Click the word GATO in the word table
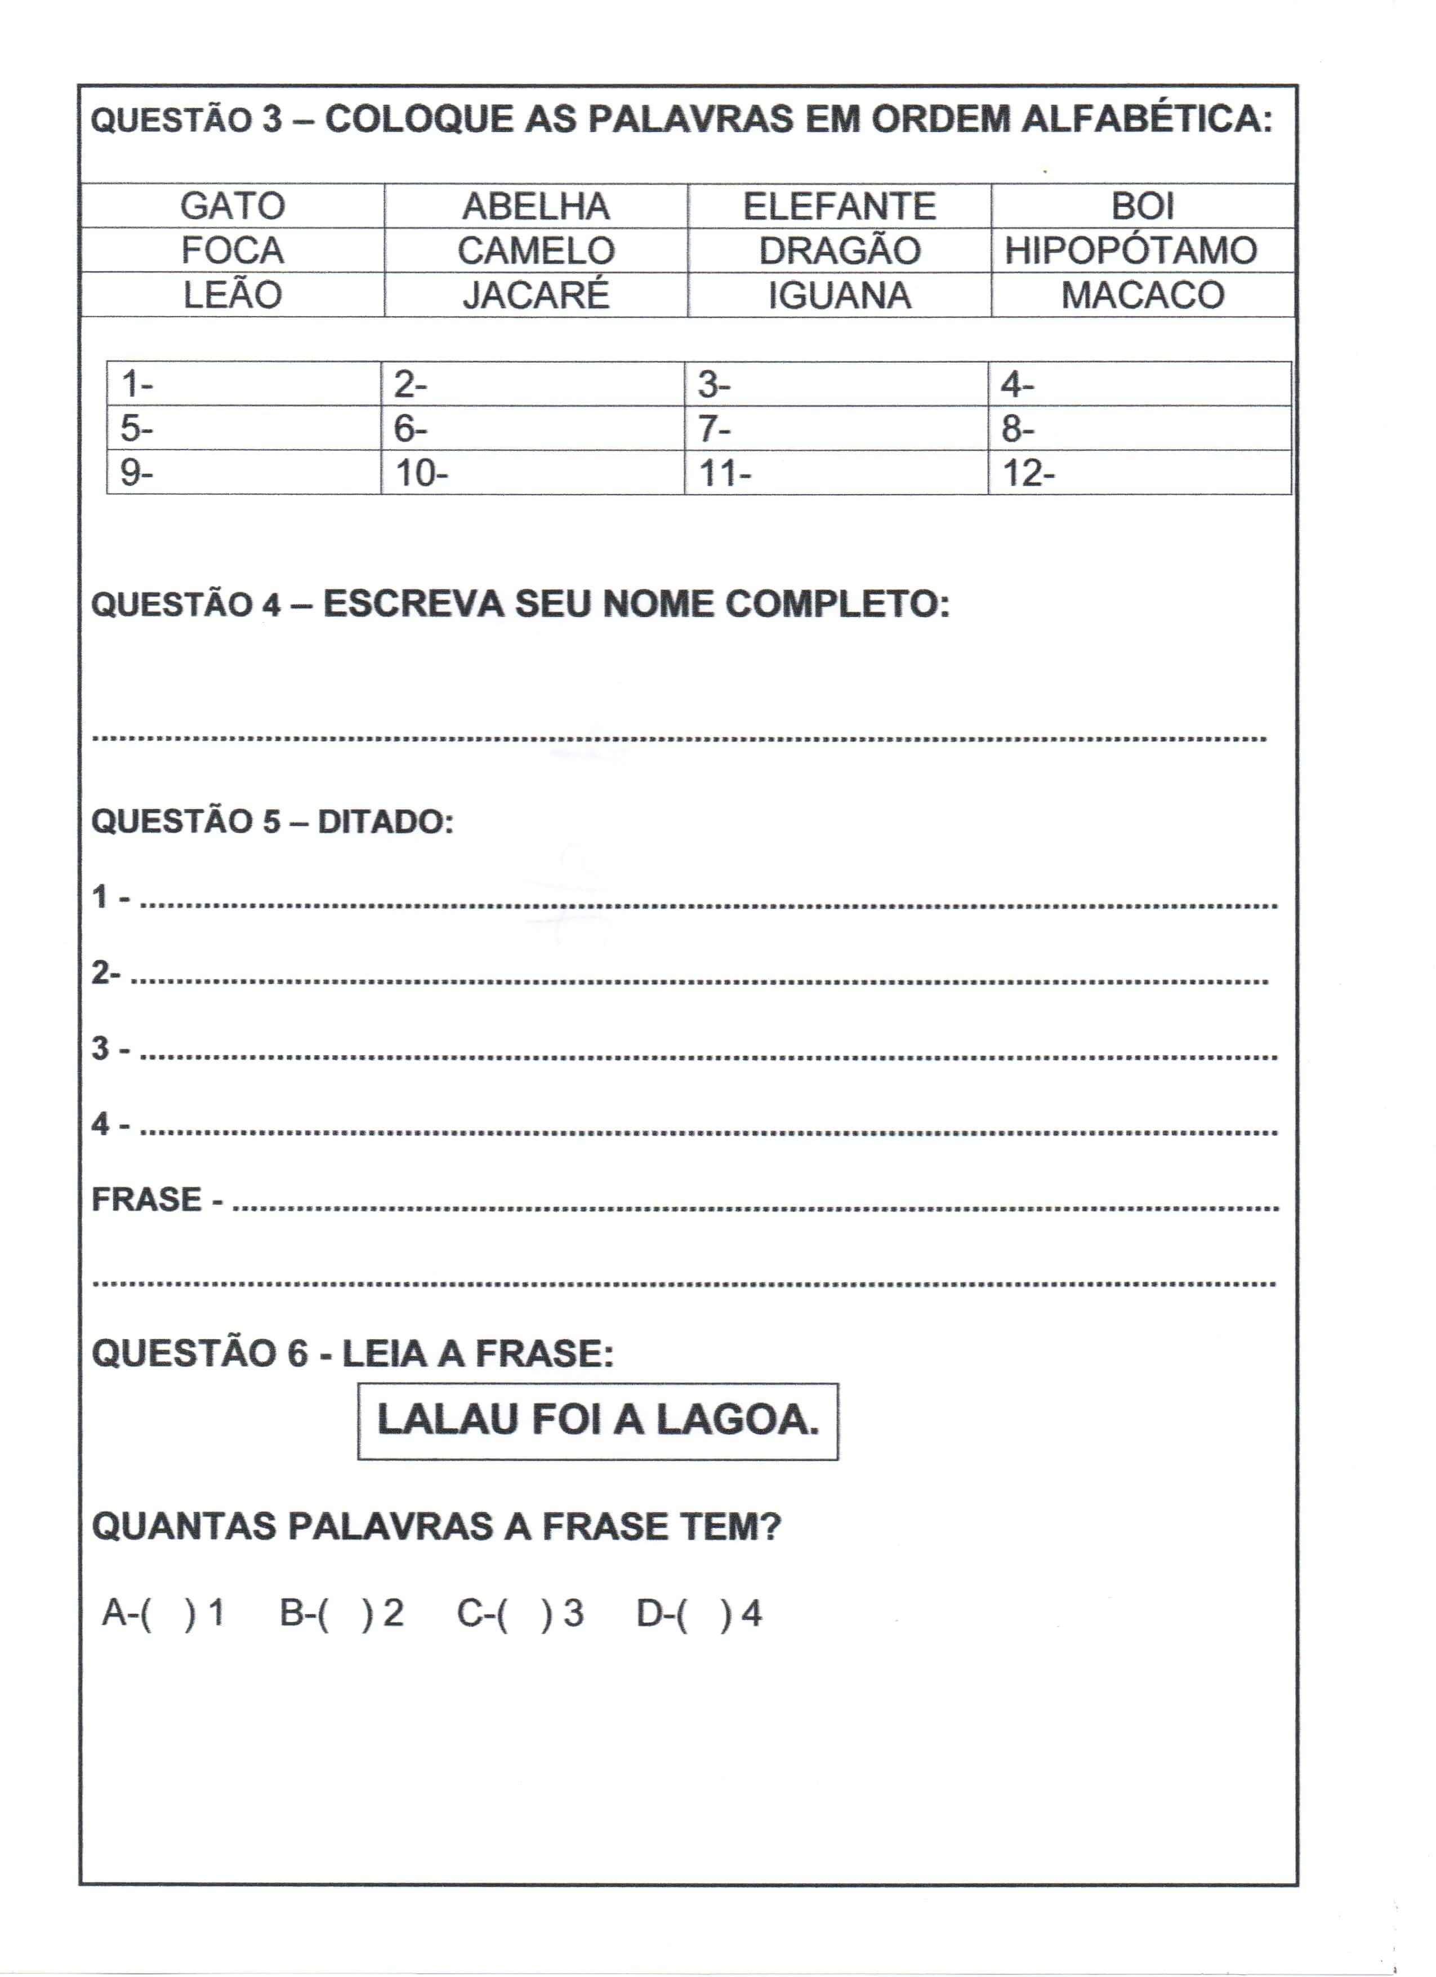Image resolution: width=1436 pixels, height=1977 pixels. pos(233,207)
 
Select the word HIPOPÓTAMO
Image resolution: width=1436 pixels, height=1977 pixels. pos(1130,251)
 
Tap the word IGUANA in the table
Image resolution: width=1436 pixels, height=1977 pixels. pos(839,295)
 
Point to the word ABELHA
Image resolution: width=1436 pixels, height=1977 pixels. pos(536,207)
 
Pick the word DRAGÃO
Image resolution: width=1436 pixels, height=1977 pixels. pos(839,251)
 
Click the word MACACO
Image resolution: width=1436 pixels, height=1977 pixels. pos(1143,295)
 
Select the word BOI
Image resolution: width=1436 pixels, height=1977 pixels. pos(1143,207)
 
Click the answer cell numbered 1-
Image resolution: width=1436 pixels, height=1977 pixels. pos(244,384)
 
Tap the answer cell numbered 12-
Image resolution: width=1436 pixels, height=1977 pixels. pos(1139,473)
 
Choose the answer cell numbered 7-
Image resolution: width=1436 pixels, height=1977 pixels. pos(836,429)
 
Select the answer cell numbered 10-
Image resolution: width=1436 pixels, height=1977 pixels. pos(532,473)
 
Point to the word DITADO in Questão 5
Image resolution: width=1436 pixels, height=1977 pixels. pos(385,822)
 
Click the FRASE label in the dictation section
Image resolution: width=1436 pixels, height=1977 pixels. pos(146,1199)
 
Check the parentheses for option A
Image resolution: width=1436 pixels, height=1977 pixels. pos(167,1614)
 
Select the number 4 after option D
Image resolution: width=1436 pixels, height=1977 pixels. pos(751,1614)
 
